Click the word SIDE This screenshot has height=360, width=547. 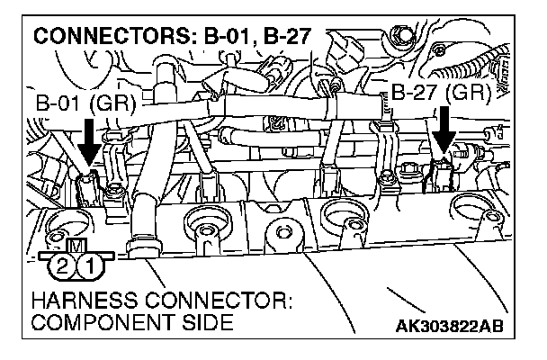(x=191, y=322)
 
